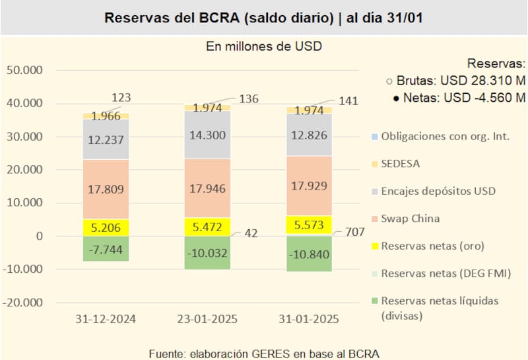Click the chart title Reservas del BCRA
(264, 17)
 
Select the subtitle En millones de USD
(264, 46)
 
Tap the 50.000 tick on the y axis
(24, 71)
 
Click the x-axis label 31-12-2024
(106, 319)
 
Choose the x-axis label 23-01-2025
(207, 319)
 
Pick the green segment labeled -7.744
(106, 249)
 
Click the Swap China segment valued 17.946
(207, 188)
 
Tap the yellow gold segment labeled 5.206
(106, 228)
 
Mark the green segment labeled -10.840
(309, 254)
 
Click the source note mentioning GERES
(264, 352)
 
